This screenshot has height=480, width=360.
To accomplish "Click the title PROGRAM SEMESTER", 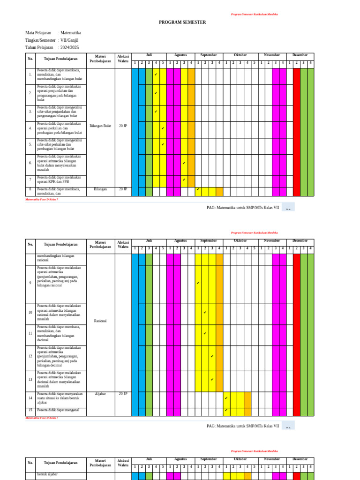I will pos(182,22).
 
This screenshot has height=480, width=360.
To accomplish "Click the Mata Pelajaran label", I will pos(38,33).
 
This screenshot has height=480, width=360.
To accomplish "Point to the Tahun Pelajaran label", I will pos(39,48).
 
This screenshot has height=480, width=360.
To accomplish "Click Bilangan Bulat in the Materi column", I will pos(100,126).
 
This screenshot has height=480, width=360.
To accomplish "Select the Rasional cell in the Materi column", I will pos(100,321).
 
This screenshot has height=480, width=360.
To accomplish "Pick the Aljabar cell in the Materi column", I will pos(100,394).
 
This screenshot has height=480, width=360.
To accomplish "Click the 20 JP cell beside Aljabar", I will pos(123,394).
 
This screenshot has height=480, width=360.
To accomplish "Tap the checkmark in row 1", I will pos(156,75).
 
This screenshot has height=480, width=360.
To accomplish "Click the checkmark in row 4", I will pos(163,128).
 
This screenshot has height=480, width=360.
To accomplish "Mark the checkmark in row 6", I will pos(184,163).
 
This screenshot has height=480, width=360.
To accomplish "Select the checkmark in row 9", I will pos(198,283).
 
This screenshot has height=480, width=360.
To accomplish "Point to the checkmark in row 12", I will pos(212,356).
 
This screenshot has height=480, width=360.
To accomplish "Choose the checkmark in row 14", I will pos(226,398).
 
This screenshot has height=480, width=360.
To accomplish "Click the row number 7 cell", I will pos(30,180).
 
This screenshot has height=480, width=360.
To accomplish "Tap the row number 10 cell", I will pos(30,312).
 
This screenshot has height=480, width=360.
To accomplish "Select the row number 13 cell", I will pos(30,380).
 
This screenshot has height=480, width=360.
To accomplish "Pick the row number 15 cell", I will pos(30,410).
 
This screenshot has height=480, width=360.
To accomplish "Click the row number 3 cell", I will pos(30,112).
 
